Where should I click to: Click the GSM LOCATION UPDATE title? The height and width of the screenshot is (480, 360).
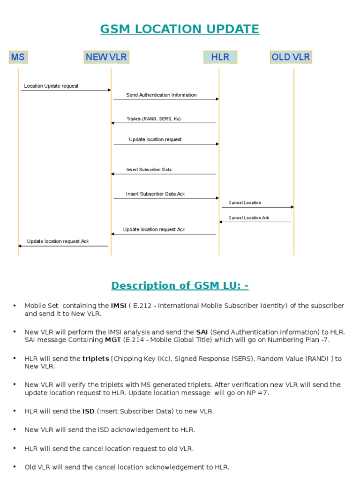[x=180, y=29]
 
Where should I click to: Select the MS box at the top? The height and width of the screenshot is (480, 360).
[x=18, y=57]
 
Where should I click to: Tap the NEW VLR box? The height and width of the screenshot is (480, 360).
[x=106, y=57]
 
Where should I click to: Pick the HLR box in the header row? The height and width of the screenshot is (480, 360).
[x=220, y=57]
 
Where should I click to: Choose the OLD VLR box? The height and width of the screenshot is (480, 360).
[x=291, y=57]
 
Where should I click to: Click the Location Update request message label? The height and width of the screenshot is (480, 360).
[x=51, y=86]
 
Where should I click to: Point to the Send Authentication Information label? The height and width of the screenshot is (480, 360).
[x=161, y=95]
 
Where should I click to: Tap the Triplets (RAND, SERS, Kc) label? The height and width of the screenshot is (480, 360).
[x=153, y=119]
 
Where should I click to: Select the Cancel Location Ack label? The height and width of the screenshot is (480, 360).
[x=249, y=218]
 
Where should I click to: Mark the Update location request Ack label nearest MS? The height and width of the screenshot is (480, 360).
[x=58, y=241]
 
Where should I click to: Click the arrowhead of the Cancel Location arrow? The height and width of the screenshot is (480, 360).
[x=292, y=207]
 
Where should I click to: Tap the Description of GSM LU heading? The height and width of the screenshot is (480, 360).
[x=180, y=285]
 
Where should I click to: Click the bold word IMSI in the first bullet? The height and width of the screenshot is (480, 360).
[x=119, y=306]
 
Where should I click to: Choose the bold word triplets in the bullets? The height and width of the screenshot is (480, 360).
[x=96, y=359]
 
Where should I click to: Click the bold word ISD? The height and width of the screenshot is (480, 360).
[x=89, y=411]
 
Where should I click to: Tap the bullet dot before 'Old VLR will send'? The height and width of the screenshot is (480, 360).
[x=15, y=467]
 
